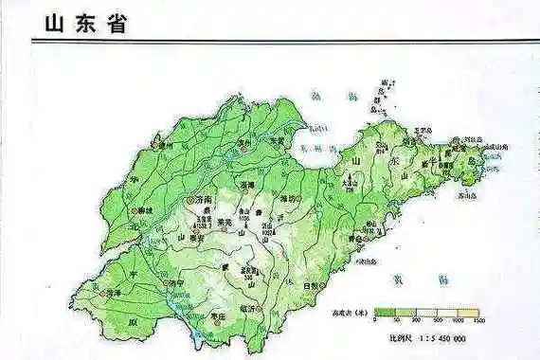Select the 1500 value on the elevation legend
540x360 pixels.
coord(478,321)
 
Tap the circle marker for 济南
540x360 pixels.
coord(191,201)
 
